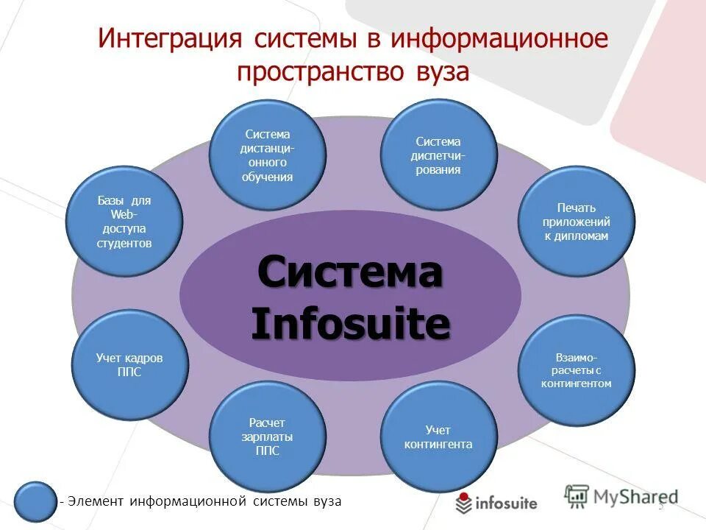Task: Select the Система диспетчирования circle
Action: [x=438, y=155]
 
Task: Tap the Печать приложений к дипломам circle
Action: [x=576, y=221]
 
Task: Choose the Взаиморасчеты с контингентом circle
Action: [x=576, y=370]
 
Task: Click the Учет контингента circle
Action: [x=438, y=437]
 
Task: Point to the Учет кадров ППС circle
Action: [x=129, y=365]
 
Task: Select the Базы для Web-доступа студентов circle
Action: [x=124, y=221]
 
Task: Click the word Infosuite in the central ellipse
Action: [x=350, y=324]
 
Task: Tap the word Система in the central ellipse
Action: [x=350, y=273]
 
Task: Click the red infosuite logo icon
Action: [x=463, y=504]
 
